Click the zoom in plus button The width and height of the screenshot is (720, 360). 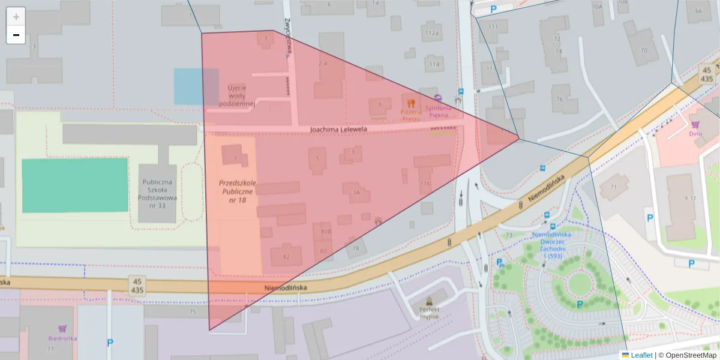[x=16, y=16]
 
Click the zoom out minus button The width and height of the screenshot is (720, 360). [x=16, y=35]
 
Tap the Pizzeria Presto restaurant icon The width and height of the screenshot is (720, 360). [x=411, y=103]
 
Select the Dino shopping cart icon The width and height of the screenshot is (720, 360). [x=695, y=124]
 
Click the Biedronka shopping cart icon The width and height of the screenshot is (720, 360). [x=62, y=328]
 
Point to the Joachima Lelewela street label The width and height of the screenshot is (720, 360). [x=338, y=129]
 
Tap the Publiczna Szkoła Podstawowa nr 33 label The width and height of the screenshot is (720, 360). [x=159, y=193]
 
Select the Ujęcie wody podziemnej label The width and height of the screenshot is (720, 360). [x=237, y=95]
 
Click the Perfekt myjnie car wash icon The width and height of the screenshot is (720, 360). [x=429, y=301]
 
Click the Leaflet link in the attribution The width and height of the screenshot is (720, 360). [x=641, y=355]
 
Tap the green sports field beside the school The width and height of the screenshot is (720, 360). [x=75, y=185]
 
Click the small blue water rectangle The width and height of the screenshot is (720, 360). [x=196, y=86]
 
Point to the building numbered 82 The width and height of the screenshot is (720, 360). [x=286, y=256]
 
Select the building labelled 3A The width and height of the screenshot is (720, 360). [x=356, y=191]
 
